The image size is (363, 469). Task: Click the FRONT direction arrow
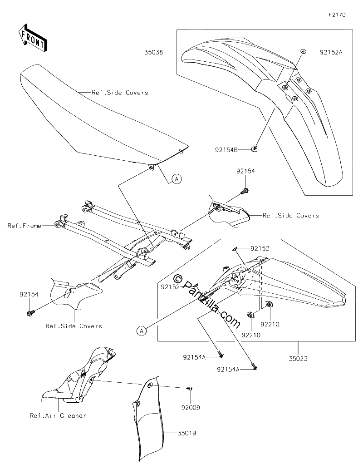(32, 37)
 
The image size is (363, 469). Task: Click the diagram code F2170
(337, 15)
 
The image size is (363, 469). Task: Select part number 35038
(154, 52)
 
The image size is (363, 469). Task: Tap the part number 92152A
(331, 52)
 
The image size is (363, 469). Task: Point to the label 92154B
(226, 149)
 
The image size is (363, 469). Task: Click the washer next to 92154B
(255, 148)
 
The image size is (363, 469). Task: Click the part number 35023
(298, 358)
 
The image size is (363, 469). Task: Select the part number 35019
(187, 433)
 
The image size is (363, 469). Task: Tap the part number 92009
(191, 407)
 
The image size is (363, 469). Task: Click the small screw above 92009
(190, 388)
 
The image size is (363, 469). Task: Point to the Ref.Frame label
(25, 226)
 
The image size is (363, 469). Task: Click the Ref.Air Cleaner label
(58, 415)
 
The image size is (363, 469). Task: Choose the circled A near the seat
(177, 179)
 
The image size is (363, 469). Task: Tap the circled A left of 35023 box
(142, 331)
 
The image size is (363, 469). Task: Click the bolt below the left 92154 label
(30, 313)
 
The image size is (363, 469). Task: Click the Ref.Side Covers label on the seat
(120, 93)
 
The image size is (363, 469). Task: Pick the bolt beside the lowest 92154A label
(255, 366)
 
